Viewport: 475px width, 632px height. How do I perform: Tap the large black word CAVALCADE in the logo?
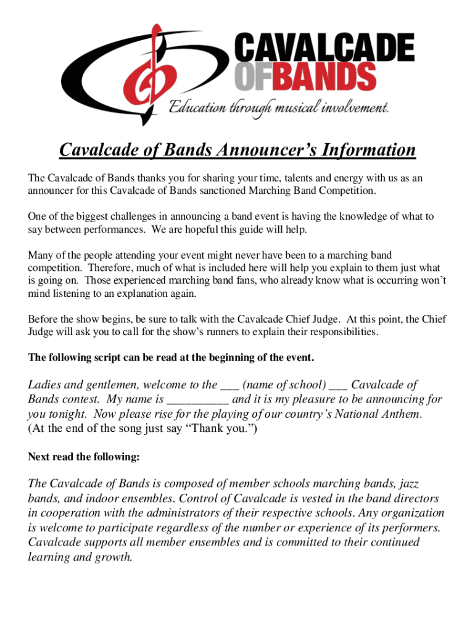pyautogui.click(x=324, y=49)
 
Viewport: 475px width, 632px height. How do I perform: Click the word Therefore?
pyautogui.click(x=108, y=267)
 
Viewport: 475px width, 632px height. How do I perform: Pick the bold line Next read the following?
pyautogui.click(x=84, y=457)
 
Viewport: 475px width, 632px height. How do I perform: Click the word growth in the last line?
pyautogui.click(x=112, y=557)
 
